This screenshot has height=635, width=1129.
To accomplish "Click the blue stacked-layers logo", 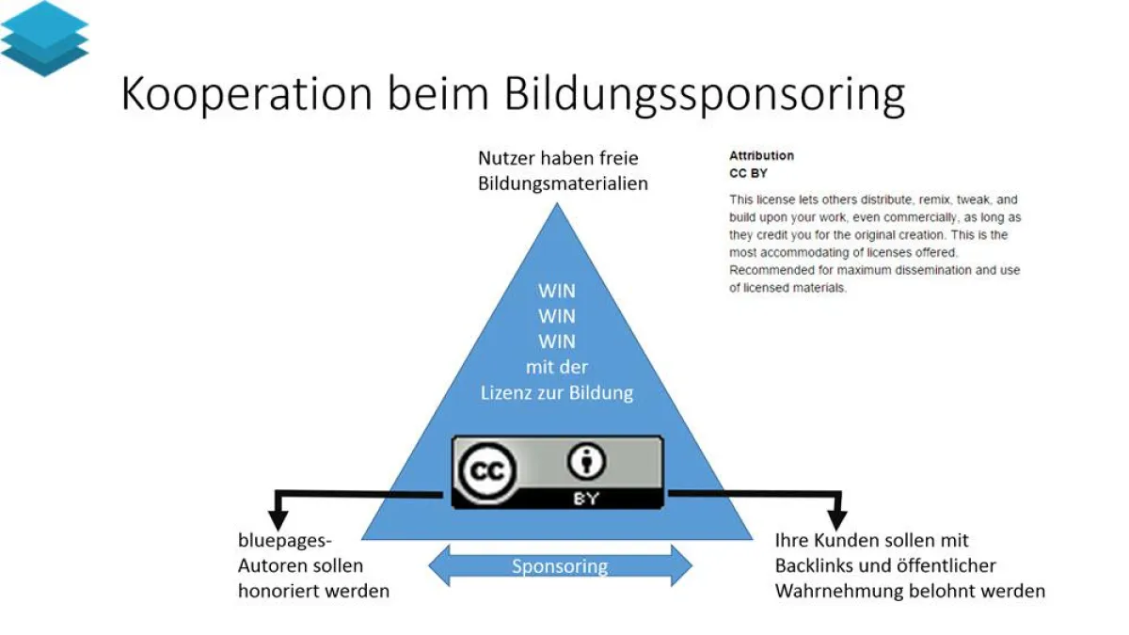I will (44, 38).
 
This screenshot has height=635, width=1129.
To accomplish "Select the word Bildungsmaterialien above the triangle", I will (563, 183).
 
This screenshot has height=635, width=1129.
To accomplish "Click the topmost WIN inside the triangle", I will (557, 291).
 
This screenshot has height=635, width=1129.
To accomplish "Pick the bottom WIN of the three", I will (557, 341).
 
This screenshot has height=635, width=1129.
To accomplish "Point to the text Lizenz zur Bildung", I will (557, 392).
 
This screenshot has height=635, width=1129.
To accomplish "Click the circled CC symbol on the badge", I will (487, 471).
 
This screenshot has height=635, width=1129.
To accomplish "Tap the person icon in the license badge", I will (585, 462).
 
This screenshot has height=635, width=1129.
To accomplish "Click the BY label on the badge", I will (585, 499).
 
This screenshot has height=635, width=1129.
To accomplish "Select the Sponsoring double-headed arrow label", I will (560, 566).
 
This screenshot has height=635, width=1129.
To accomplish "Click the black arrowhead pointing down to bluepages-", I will (278, 518).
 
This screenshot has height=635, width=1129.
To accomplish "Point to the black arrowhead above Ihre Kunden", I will (836, 518).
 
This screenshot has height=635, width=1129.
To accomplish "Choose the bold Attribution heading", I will (761, 155).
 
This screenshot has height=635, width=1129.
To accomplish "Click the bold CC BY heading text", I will (748, 173).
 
